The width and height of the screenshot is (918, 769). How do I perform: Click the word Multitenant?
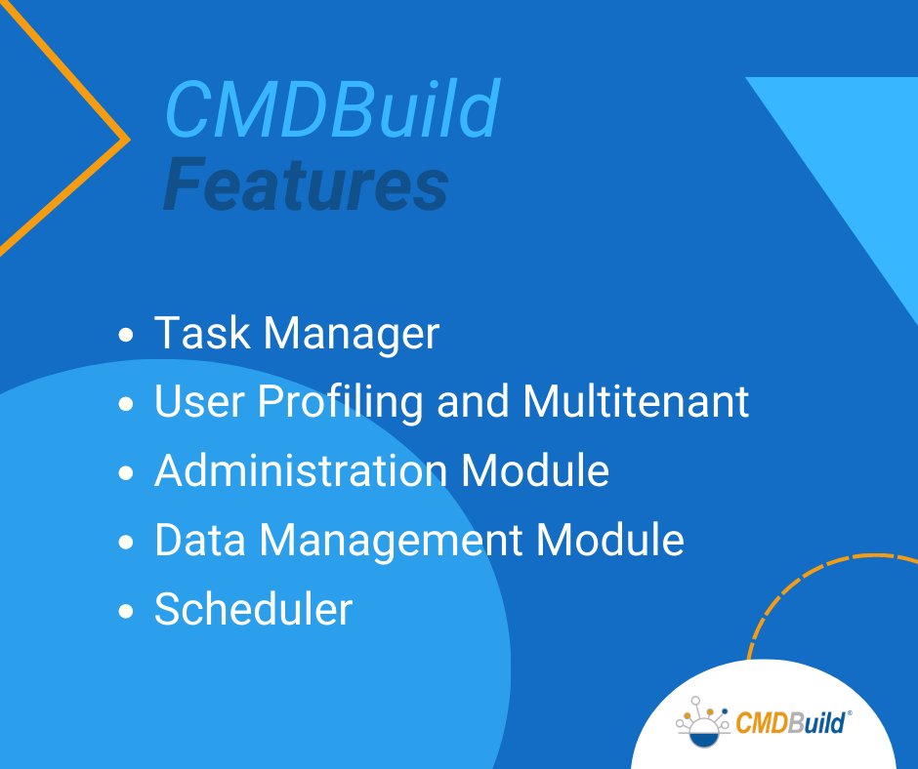pos(637,402)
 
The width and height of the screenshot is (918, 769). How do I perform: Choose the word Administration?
pos(300,471)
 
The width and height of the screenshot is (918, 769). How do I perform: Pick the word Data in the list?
pos(196,540)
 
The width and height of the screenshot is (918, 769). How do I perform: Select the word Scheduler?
pos(253,610)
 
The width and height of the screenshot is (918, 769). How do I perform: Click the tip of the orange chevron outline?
pos(127,139)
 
